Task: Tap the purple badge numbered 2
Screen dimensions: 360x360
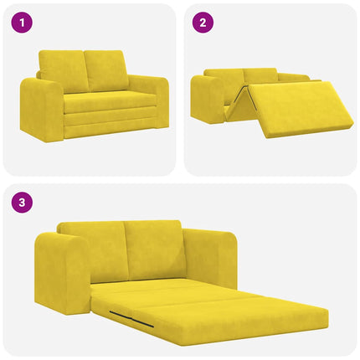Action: pos(201,23)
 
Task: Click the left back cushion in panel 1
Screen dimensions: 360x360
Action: pos(63,71)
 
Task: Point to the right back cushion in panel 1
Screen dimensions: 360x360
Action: pos(106,70)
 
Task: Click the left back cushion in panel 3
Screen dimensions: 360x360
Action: pos(94,249)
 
